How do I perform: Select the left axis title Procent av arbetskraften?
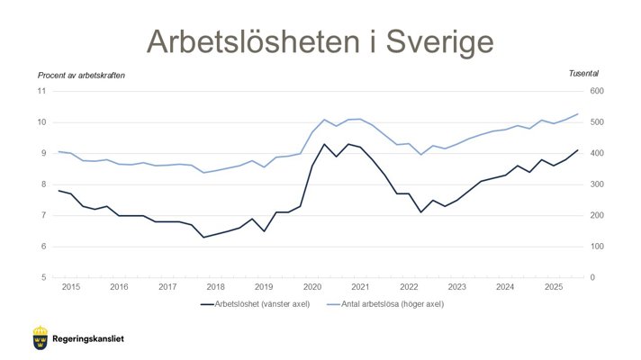pos(81,75)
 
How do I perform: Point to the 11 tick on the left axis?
pos(41,91)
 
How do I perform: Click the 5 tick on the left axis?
pos(43,277)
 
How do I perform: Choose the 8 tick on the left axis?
pos(43,184)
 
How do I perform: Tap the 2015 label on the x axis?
pos(70,286)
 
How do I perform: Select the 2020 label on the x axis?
pos(312,286)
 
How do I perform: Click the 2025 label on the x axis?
pos(555,286)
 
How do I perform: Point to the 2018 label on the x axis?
pos(216,286)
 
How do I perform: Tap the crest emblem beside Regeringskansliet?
pos(40,337)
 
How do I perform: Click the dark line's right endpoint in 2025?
pos(578,150)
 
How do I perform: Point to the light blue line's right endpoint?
pos(578,114)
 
